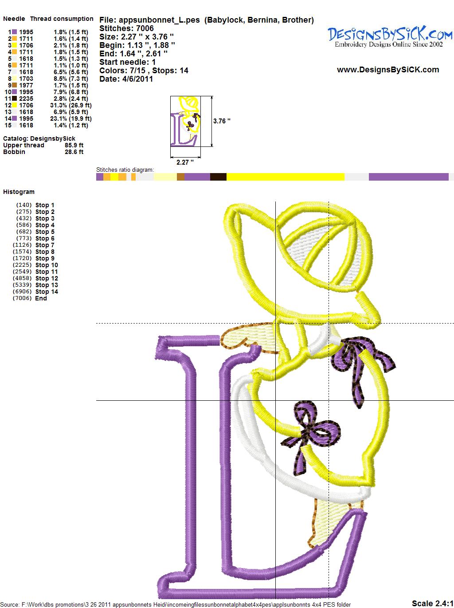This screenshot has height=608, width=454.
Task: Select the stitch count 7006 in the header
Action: click(x=145, y=28)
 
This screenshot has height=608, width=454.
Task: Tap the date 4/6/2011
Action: click(x=137, y=79)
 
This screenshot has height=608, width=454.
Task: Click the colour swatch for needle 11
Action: click(x=14, y=99)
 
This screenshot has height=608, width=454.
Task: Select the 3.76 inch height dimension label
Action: click(x=222, y=121)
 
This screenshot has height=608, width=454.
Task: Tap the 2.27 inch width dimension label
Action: click(x=185, y=162)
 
